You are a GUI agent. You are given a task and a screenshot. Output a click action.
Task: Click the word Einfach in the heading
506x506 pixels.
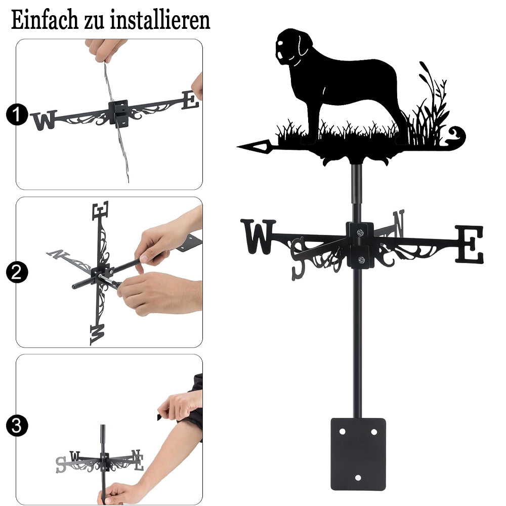[45, 20]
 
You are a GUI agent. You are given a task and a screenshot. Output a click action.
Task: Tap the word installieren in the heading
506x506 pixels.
[160, 20]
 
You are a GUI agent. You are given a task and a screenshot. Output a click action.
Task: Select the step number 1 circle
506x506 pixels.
[17, 114]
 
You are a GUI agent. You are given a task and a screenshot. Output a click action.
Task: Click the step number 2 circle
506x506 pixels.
[17, 272]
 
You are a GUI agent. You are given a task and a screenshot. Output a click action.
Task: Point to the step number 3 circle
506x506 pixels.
[17, 426]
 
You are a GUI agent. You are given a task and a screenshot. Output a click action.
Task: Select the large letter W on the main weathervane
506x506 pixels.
[258, 236]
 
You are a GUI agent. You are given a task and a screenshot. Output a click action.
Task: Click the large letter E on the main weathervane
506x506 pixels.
[469, 244]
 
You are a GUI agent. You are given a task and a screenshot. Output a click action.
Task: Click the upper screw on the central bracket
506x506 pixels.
[360, 232]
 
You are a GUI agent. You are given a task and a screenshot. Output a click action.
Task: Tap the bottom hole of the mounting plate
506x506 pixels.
[358, 477]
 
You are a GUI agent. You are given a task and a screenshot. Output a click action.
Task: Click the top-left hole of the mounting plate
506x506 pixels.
[343, 432]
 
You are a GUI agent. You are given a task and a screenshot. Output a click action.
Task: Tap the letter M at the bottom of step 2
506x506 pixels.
[97, 334]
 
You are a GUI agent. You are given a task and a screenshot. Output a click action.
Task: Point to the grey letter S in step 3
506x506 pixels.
[61, 465]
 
